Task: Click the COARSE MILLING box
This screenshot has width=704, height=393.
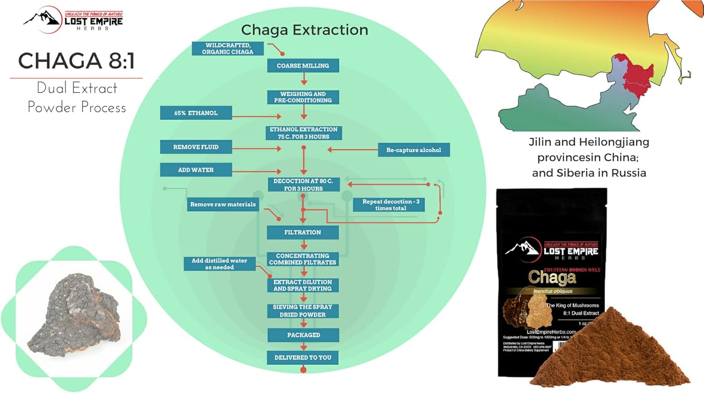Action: point(303,66)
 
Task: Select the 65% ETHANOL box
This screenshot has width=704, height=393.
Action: point(196,113)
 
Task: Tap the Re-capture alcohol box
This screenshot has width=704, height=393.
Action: point(413,150)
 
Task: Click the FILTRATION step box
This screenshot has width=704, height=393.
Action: point(303,232)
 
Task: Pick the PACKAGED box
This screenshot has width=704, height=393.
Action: point(303,335)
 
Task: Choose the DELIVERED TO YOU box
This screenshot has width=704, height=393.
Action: point(303,358)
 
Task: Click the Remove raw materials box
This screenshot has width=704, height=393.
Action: point(223,205)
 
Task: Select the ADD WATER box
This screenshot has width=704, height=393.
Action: point(196,170)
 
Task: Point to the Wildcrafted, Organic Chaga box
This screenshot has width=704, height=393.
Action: point(228,49)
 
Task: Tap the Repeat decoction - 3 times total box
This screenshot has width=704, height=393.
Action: point(390,205)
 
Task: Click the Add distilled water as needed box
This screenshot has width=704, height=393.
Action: point(219,264)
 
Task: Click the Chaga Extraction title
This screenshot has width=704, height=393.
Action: point(305,30)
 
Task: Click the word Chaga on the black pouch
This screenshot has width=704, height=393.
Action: point(552,278)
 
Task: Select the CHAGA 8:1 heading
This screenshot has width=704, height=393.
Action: point(77,61)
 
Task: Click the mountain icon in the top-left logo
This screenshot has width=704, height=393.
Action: point(43,19)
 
